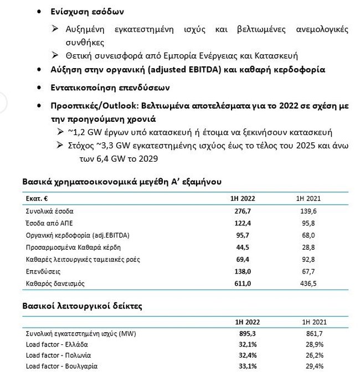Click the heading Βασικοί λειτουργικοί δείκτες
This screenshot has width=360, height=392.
(82, 306)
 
